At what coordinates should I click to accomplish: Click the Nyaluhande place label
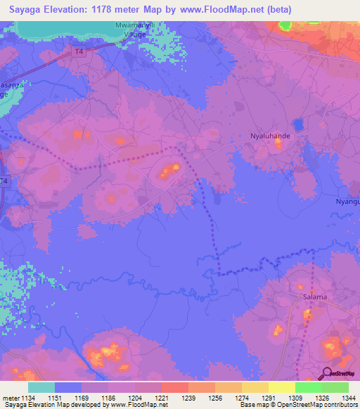coord(271,132)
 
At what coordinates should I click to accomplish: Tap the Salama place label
coord(315,297)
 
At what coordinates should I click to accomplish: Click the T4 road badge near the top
coord(79,51)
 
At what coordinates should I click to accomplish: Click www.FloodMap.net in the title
coord(229,9)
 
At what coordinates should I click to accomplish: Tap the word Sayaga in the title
coord(25,9)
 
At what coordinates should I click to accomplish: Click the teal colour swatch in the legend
coord(41,387)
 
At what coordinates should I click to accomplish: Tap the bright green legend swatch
coord(309,387)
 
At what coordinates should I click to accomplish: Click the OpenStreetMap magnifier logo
coord(327,374)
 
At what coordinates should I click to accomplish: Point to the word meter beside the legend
coord(11,397)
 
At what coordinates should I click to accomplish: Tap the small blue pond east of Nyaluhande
coord(297,125)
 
